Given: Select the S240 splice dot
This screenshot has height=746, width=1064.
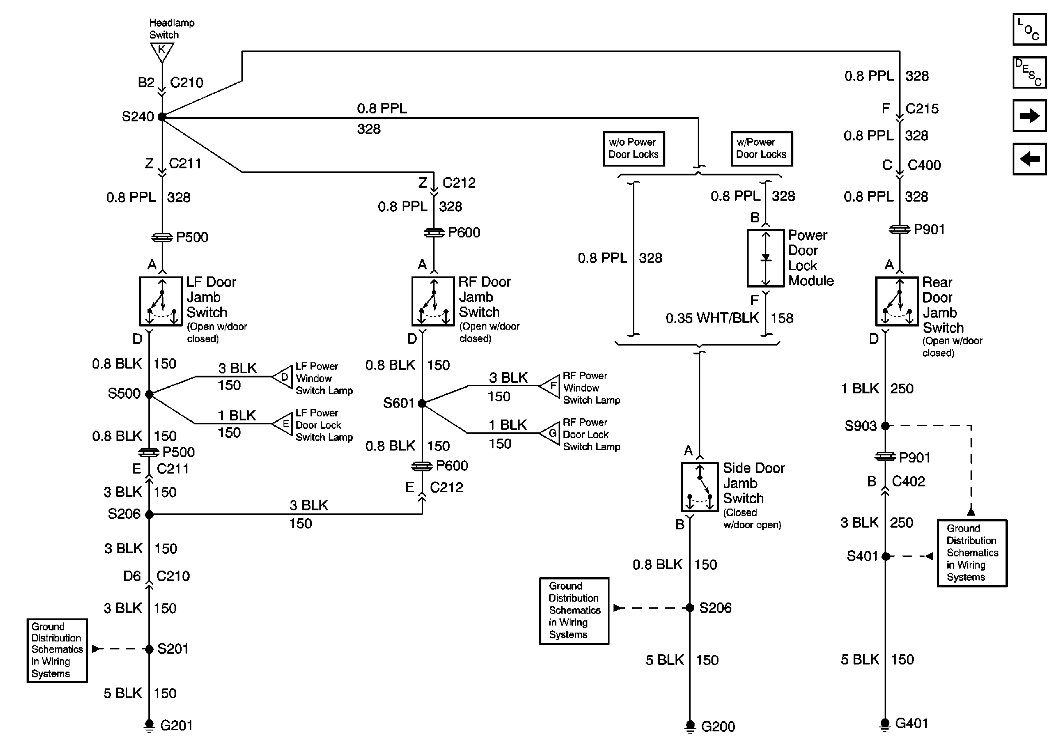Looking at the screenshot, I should tap(162, 117).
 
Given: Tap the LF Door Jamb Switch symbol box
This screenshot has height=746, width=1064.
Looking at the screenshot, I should tap(161, 302).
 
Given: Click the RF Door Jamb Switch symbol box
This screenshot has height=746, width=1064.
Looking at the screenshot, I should tap(433, 302).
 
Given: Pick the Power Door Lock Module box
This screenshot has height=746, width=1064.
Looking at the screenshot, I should tap(765, 258).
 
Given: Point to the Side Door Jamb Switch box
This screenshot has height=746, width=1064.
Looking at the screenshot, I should tap(699, 487).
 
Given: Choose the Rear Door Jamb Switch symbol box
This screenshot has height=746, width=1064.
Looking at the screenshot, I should tap(897, 302).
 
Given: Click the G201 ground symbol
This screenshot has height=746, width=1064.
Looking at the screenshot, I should tap(149, 725).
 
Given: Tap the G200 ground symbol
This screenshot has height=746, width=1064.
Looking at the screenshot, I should tap(690, 726).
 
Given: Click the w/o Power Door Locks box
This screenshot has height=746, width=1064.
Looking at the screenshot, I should tap(633, 149).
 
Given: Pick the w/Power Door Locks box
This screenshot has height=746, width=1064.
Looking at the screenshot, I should tap(761, 149).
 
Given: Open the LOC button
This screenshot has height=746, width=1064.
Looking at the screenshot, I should tap(1029, 29).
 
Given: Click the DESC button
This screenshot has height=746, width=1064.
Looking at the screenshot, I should tap(1029, 72).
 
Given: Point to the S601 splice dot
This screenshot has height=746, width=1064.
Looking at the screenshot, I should tap(422, 404).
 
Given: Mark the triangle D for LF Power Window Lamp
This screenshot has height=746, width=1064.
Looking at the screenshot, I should tap(283, 377).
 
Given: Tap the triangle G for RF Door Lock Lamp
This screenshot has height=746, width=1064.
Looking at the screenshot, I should tap(550, 434).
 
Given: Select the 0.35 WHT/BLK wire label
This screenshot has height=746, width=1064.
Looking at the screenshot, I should tap(712, 319).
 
